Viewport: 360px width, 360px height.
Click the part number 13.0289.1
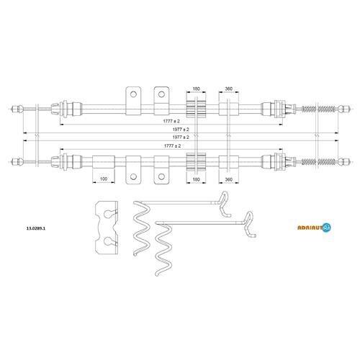pos(36,228)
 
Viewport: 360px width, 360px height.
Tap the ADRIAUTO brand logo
pos(314,228)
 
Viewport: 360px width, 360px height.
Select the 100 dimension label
pos(104,179)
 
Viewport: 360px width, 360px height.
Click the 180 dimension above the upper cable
pos(197,89)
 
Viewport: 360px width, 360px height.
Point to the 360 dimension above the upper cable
pos(229,89)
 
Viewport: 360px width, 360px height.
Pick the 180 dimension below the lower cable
pos(197,179)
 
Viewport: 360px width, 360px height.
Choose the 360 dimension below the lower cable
pos(229,179)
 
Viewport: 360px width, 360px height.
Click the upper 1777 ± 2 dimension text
pos(171,121)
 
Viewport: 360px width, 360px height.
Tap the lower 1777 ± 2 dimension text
pos(172,145)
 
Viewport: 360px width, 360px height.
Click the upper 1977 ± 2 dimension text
pos(181,130)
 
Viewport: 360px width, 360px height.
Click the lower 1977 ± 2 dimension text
pos(181,138)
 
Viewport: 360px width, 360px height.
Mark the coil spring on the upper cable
pos(318,109)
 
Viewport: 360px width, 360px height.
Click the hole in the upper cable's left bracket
pos(133,94)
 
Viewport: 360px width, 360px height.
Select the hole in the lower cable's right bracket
pos(161,177)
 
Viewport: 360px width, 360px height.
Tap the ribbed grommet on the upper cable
pos(197,109)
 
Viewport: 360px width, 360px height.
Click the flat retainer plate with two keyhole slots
pos(107,227)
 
